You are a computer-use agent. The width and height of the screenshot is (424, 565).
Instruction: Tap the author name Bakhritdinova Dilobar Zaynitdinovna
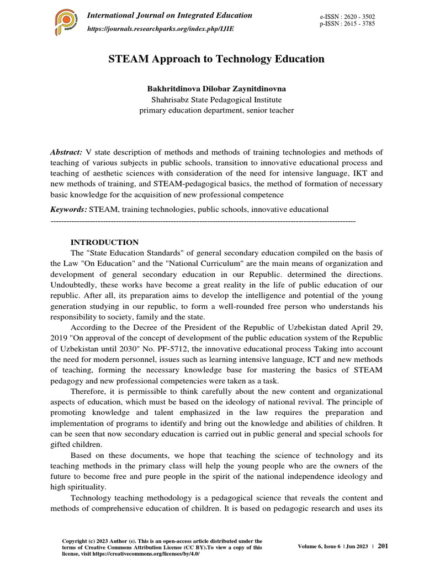(216, 88)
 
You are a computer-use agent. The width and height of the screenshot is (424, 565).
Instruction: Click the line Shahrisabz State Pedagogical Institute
(216, 99)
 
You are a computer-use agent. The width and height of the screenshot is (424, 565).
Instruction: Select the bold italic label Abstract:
(66, 152)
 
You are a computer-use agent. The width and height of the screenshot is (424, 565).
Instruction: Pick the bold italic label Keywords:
(68, 209)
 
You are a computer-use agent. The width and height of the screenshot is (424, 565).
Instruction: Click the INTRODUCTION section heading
(105, 242)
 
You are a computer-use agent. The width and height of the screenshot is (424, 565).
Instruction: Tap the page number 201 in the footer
(383, 546)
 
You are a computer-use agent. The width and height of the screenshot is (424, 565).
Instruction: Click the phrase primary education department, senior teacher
(216, 110)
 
